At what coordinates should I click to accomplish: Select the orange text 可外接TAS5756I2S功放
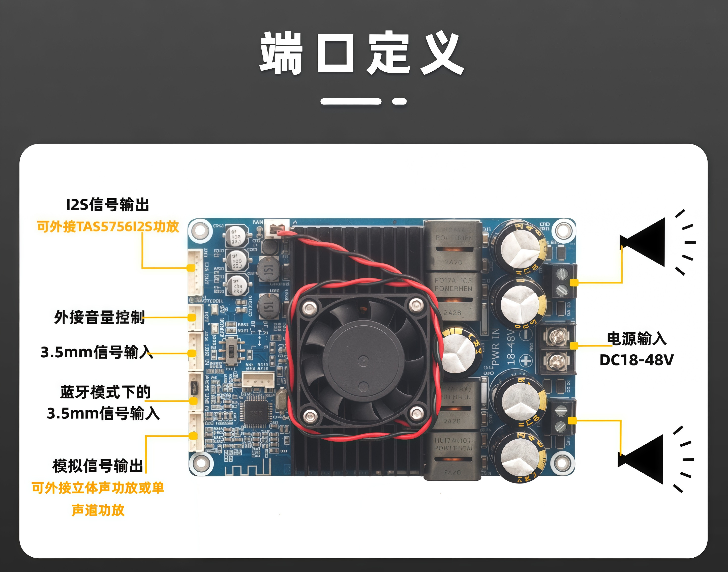108,227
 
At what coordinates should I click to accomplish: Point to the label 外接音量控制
99,317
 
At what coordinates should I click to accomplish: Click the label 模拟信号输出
98,466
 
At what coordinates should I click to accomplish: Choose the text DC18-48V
636,360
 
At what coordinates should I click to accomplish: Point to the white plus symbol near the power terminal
526,361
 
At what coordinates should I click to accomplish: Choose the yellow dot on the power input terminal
574,346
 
